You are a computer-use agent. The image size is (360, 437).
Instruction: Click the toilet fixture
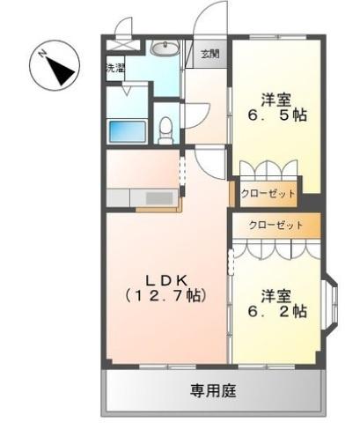tap(165, 130)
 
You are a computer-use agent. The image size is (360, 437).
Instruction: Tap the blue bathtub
tap(128, 131)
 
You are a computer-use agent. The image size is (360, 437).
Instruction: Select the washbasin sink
tap(165, 48)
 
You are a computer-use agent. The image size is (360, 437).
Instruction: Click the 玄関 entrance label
tap(210, 54)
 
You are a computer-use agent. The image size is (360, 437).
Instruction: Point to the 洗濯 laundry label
tap(115, 69)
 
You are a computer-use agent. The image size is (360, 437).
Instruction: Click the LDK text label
tap(166, 281)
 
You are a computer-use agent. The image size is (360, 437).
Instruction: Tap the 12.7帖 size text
tap(166, 296)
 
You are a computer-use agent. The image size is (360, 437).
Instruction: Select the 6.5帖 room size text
tap(277, 115)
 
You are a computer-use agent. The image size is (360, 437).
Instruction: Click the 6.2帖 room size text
tap(277, 311)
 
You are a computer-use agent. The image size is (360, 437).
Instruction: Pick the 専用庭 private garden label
tap(213, 391)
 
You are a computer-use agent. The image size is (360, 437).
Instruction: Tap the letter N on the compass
tap(43, 54)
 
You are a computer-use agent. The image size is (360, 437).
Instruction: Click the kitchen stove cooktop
tap(159, 197)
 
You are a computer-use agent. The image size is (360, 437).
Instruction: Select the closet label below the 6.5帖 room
tap(268, 194)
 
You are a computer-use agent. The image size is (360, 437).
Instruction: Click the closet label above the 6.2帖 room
tap(276, 226)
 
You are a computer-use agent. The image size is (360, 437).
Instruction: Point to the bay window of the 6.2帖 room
tap(331, 306)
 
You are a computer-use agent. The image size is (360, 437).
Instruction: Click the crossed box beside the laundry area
tap(122, 45)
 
